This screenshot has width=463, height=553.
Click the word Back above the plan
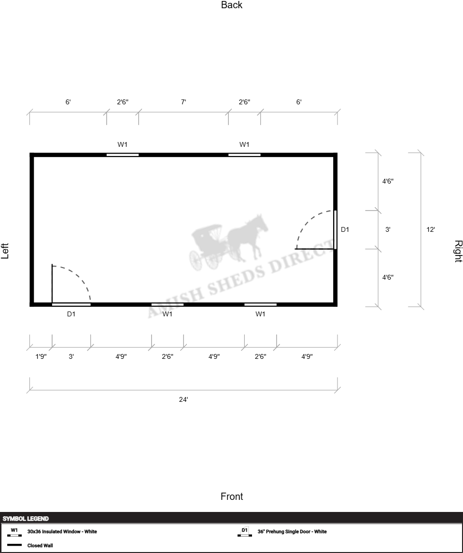point(232,5)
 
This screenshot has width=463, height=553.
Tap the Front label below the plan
point(232,496)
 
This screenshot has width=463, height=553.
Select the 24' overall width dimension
point(183,399)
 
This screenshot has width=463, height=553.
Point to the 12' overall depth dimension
point(431,229)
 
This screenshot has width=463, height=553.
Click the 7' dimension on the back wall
point(183,102)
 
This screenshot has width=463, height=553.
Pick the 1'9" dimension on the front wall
point(41,356)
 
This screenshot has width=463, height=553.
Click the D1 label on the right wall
point(345,229)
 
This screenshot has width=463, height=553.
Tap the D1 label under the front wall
point(71,314)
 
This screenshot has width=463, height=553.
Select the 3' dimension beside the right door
point(388,229)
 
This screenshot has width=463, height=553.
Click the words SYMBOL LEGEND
point(26,518)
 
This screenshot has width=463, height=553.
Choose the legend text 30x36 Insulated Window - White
point(62,531)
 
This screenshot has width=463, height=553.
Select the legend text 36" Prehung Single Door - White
point(292,531)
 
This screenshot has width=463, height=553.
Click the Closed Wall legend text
point(40,545)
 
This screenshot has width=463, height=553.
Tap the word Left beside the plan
point(5,251)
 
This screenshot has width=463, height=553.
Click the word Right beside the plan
point(458,252)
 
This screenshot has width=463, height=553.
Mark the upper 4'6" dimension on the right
point(388,181)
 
